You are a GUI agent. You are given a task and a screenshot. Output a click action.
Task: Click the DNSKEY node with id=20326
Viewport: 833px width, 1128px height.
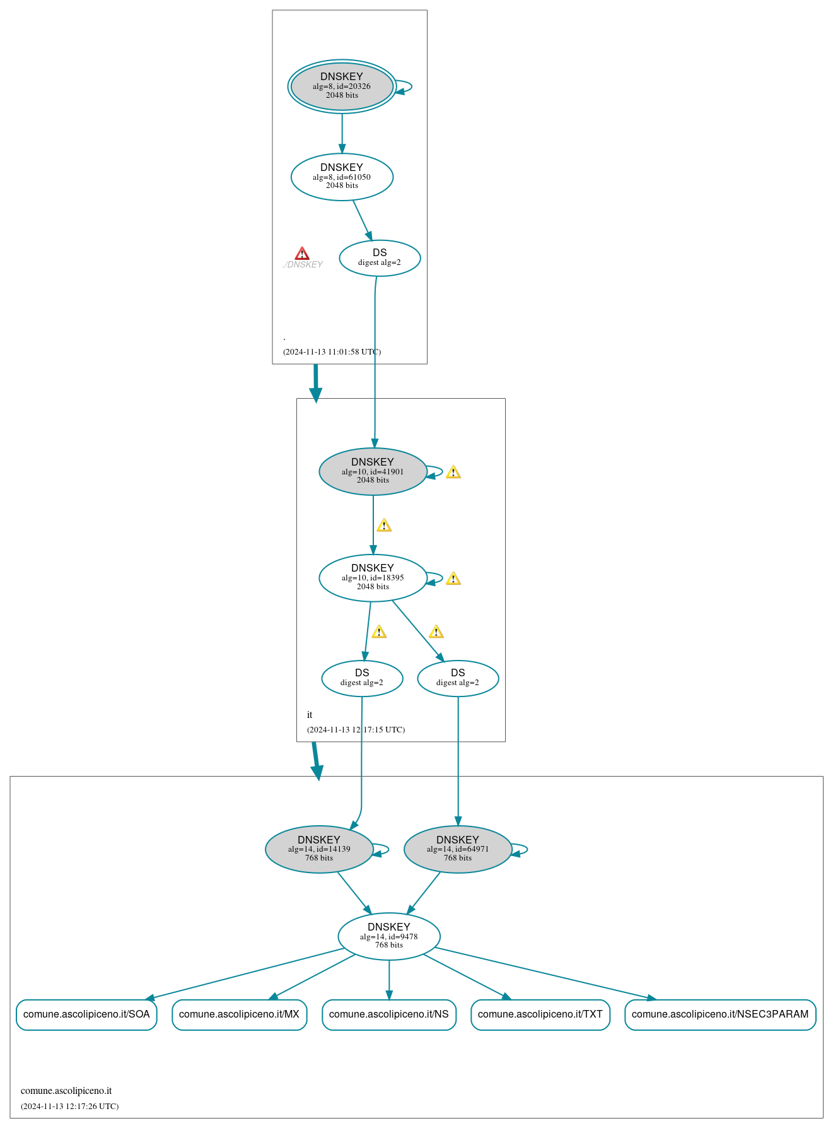[x=342, y=86]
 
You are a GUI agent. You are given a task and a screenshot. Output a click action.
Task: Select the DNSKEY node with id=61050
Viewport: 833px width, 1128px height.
[x=342, y=177]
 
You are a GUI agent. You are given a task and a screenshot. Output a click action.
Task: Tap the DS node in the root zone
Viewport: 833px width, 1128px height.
[x=380, y=258]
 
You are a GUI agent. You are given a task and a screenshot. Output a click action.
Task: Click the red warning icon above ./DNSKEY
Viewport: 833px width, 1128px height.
[x=302, y=254]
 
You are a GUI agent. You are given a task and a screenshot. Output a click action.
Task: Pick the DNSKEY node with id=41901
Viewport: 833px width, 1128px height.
[x=373, y=472]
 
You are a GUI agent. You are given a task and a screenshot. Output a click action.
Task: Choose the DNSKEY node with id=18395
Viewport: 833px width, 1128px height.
[x=373, y=578]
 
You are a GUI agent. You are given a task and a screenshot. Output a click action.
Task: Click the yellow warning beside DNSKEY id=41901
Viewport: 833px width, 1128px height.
[x=453, y=473]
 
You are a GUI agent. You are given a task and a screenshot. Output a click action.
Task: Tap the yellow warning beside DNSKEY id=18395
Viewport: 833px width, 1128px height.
[x=453, y=579]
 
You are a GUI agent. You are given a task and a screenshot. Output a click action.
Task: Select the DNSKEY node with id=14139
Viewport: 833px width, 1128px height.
[x=319, y=849]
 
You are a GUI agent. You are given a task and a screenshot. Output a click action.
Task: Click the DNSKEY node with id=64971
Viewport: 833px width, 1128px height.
[x=458, y=849]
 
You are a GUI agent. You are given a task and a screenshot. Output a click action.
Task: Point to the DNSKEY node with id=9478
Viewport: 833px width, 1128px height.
[x=389, y=936]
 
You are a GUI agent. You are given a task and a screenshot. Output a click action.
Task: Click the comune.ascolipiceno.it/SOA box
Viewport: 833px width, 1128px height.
[x=86, y=1014]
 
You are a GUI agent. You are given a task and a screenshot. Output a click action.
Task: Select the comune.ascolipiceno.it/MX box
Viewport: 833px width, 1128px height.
[x=239, y=1014]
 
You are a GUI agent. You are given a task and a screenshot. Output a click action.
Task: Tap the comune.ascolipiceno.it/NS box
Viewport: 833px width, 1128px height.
[x=389, y=1014]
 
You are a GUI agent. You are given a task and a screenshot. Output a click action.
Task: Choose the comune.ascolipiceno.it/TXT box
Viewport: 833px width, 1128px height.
[x=540, y=1014]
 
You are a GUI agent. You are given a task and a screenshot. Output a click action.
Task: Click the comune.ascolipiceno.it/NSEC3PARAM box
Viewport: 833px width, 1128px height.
[x=720, y=1014]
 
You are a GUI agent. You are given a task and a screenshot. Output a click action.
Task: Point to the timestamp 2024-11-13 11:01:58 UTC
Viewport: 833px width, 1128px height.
[x=332, y=352]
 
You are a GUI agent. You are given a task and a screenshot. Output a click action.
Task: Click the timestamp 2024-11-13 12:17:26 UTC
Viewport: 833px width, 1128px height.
[x=69, y=1106]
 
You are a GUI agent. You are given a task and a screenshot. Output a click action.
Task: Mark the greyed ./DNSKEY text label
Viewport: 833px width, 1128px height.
[x=303, y=265]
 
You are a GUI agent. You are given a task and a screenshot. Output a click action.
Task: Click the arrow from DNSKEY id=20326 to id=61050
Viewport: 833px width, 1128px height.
[x=342, y=134]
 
